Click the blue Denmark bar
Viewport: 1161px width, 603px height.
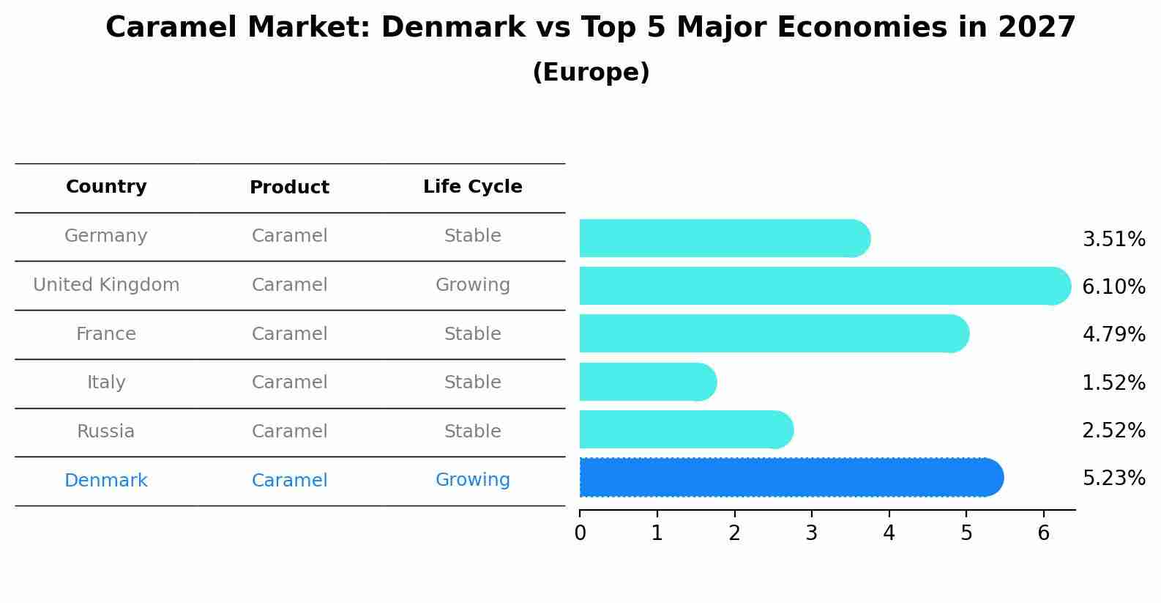coord(791,478)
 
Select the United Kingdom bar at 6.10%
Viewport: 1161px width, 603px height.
coord(824,286)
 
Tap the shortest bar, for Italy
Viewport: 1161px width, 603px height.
coord(647,382)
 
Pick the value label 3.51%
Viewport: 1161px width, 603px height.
coord(1113,240)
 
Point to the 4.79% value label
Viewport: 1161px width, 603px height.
coord(1113,335)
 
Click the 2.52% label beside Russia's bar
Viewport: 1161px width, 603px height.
coord(1113,431)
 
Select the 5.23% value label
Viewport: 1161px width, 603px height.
coord(1113,478)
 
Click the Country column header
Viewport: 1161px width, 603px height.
coord(106,187)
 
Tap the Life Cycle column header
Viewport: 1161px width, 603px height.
coord(472,187)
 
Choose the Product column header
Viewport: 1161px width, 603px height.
coord(289,188)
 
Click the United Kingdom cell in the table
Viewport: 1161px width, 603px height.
coord(106,285)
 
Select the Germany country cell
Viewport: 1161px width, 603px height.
coord(106,236)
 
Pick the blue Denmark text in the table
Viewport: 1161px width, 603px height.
coord(106,481)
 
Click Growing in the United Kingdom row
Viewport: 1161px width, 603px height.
coord(472,285)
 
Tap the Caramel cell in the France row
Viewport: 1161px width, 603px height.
coord(289,334)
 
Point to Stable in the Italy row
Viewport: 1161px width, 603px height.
coord(472,382)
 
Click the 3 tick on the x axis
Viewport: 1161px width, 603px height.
coord(811,533)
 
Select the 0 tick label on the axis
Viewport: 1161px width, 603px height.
coord(580,533)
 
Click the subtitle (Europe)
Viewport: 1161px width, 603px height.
coord(591,73)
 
